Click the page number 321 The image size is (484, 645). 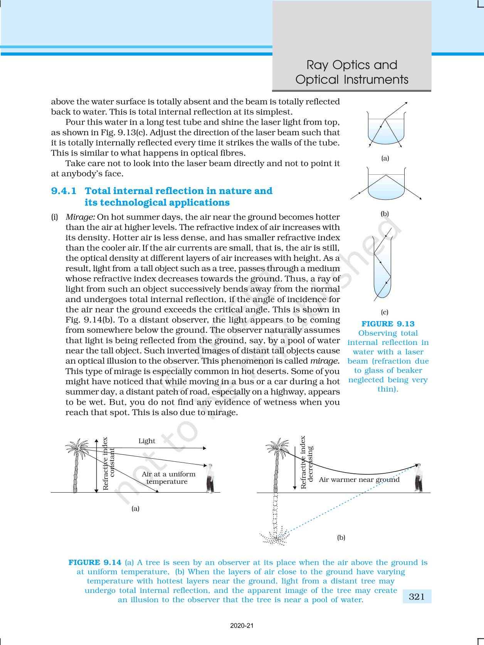(417, 597)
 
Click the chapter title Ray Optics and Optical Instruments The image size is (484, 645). (351, 72)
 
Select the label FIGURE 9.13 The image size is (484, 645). (388, 324)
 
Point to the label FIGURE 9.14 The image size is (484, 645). (95, 562)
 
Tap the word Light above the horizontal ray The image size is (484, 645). (147, 441)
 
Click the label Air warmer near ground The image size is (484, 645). (359, 480)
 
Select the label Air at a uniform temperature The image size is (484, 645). (168, 478)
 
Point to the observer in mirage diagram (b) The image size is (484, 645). (418, 478)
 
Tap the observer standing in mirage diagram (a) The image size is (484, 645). (210, 479)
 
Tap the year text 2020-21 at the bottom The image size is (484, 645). (242, 626)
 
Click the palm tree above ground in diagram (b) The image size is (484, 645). (277, 465)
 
